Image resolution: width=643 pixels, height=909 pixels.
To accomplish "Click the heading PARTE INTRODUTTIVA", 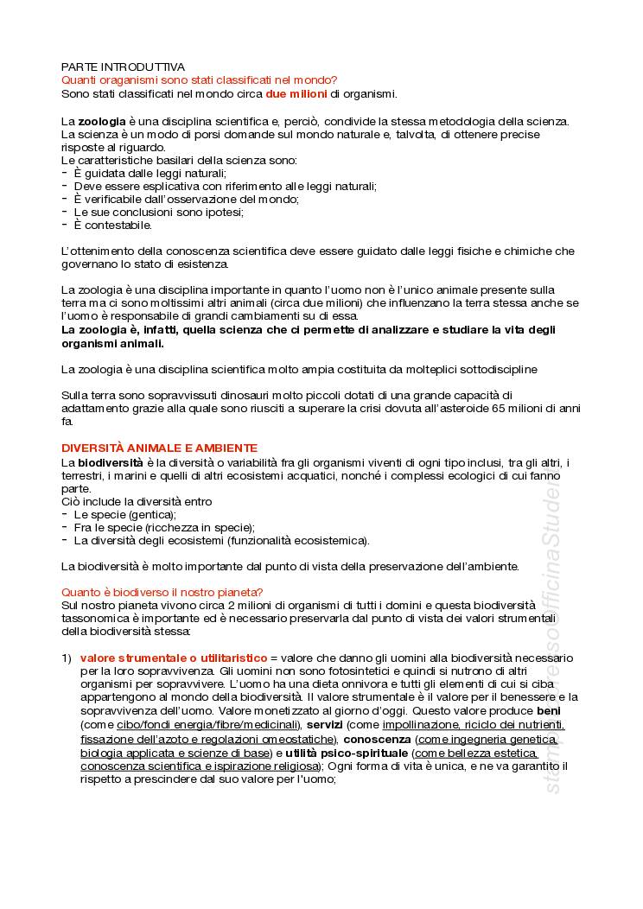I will pyautogui.click(x=123, y=67).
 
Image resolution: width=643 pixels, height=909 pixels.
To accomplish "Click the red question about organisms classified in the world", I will pyautogui.click(x=200, y=79).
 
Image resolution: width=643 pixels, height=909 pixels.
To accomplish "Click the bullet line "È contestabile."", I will pyautogui.click(x=112, y=226).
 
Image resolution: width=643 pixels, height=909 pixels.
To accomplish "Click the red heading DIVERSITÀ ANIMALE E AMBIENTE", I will pyautogui.click(x=159, y=448).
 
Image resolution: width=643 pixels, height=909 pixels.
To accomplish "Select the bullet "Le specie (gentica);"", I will pyautogui.click(x=124, y=514).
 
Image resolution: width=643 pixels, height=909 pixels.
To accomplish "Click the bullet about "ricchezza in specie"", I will pyautogui.click(x=164, y=527).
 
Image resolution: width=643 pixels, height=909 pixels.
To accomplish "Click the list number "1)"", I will pyautogui.click(x=67, y=658).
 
